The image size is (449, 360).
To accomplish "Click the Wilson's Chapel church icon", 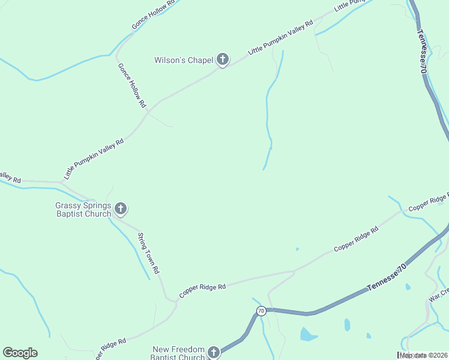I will click(223, 59).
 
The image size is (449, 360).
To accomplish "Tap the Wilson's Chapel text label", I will click(184, 60).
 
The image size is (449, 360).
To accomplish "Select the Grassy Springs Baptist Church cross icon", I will click(121, 209).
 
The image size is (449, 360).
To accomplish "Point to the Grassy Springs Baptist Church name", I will click(83, 209).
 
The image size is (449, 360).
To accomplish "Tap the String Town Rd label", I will click(148, 253).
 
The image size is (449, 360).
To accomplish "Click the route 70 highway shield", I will click(261, 311).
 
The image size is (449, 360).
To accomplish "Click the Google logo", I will click(20, 353).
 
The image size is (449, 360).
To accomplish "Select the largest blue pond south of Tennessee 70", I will click(309, 334).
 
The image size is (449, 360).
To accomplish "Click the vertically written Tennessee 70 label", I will click(424, 52).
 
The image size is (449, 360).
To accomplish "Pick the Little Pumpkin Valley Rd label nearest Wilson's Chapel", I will click(281, 40).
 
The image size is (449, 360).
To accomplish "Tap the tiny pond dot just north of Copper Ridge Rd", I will click(297, 249).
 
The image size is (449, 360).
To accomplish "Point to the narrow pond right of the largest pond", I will click(347, 325).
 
